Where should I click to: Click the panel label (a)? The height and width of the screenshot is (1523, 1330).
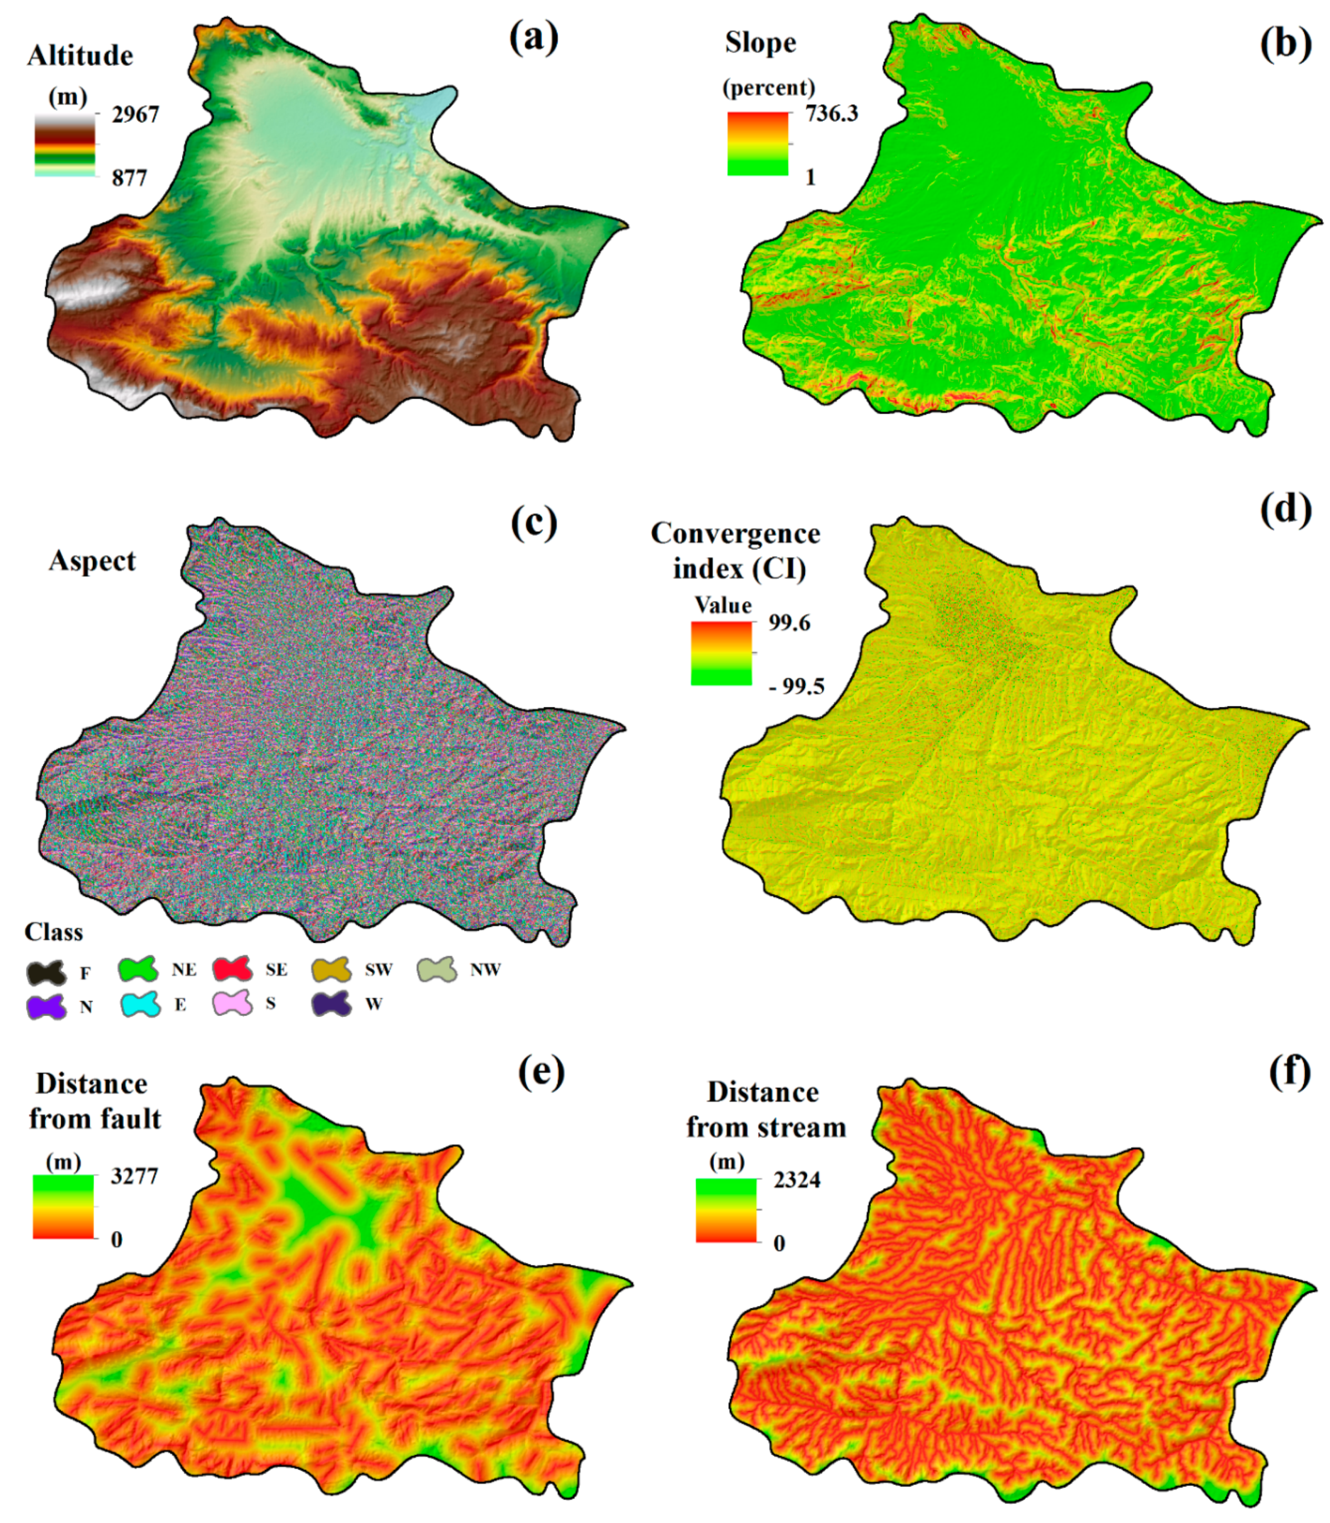tap(533, 38)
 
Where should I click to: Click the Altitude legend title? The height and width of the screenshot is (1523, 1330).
tap(80, 56)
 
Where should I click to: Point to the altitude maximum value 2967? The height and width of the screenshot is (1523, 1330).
tap(135, 114)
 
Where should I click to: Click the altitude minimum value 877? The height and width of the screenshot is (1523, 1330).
tap(129, 178)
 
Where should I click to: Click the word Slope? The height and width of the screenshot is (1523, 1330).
tap(760, 43)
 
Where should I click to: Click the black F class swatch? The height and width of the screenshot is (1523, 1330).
tap(46, 971)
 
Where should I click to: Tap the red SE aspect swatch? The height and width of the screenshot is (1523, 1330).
tap(232, 969)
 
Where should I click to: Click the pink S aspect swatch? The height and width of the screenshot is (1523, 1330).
tap(232, 1003)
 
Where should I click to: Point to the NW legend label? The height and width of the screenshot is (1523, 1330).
tap(485, 969)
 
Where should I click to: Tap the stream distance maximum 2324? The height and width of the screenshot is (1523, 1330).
tap(797, 1179)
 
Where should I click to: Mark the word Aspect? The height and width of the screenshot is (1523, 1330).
tap(92, 561)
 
